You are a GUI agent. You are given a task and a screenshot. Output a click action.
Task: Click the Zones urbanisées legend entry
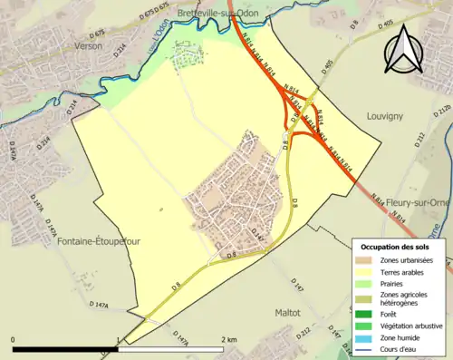(x=411, y=260)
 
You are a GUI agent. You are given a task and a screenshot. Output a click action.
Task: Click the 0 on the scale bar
(x=13, y=340)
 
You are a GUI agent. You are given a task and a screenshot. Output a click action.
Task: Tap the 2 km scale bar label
(x=229, y=340)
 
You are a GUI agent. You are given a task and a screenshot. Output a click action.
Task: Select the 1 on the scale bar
(x=119, y=340)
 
